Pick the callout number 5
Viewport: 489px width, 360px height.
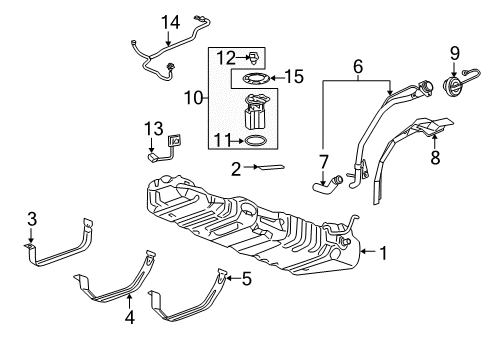pyautogui.click(x=246, y=278)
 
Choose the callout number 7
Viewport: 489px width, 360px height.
pyautogui.click(x=323, y=160)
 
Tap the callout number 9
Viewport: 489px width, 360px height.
pyautogui.click(x=455, y=53)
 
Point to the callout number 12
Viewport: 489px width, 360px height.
pyautogui.click(x=226, y=57)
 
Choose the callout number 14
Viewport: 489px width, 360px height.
pyautogui.click(x=172, y=21)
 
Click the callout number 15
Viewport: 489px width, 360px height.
pyautogui.click(x=293, y=75)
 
